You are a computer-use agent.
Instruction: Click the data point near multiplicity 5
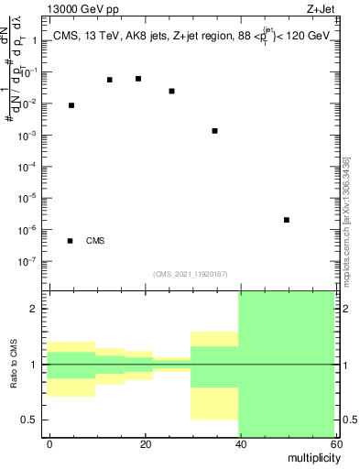coord(71,106)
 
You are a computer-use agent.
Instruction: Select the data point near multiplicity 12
coord(110,80)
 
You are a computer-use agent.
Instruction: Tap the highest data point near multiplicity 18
coord(138,79)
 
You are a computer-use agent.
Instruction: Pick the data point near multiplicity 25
coord(172,92)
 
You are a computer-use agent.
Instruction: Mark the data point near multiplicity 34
coord(214,131)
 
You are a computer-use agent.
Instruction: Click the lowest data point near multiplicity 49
coord(287,220)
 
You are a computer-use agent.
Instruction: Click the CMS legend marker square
coord(71,241)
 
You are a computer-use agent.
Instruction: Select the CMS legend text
coord(95,241)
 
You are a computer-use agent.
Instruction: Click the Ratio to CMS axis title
coord(16,365)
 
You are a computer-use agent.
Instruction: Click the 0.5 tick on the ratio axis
coord(33,420)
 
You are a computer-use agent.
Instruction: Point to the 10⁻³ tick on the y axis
coord(30,136)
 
